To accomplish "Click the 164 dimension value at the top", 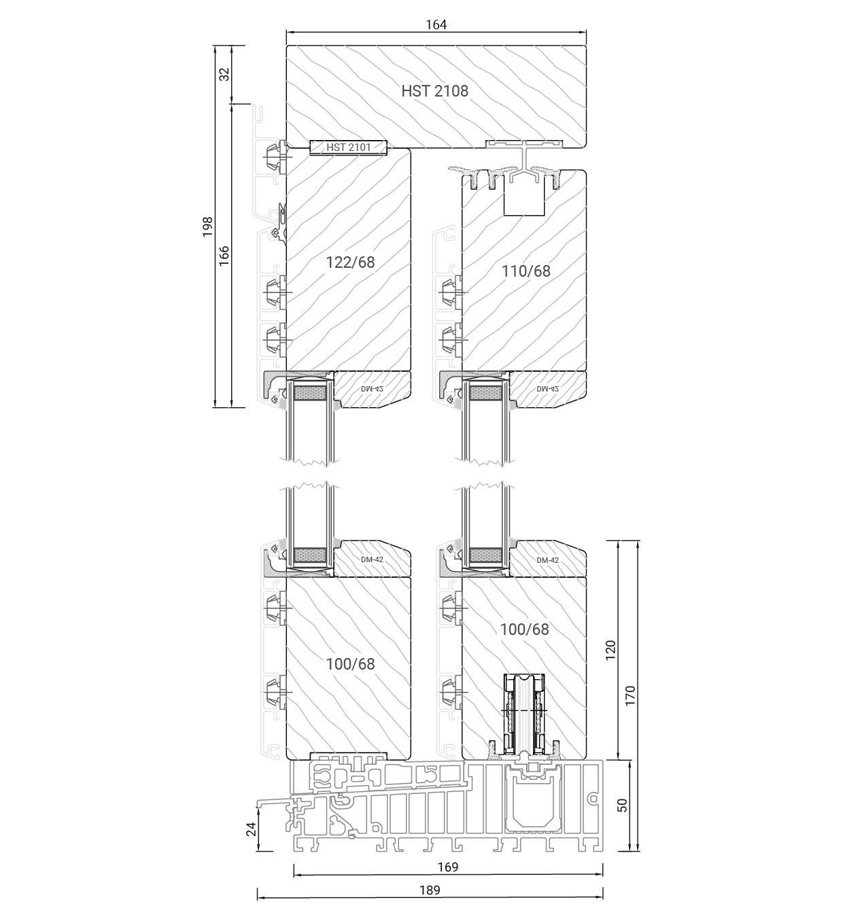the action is pos(436,24).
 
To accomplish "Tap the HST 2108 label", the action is pos(434,91).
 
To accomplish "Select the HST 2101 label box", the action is pos(348,148).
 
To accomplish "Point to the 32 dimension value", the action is pos(224,74).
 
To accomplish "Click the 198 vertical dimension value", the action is pos(207,226).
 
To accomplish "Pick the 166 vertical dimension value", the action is pos(224,256).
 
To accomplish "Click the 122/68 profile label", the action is pos(350,262).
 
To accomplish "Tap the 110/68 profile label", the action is pos(526,271).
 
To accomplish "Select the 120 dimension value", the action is pos(610,649).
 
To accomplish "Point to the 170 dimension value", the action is pos(630,695).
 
